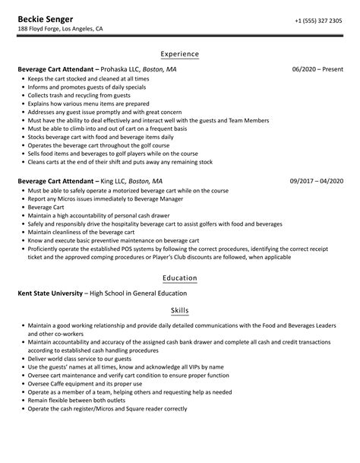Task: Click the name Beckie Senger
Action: pyautogui.click(x=43, y=18)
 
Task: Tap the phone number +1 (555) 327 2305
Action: pyautogui.click(x=318, y=19)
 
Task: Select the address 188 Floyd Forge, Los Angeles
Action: pyautogui.click(x=61, y=29)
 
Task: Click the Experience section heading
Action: pyautogui.click(x=179, y=54)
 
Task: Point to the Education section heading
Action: pyautogui.click(x=179, y=278)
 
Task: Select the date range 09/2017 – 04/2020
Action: pyautogui.click(x=316, y=182)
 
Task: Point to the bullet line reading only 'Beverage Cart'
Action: pyautogui.click(x=46, y=206)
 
